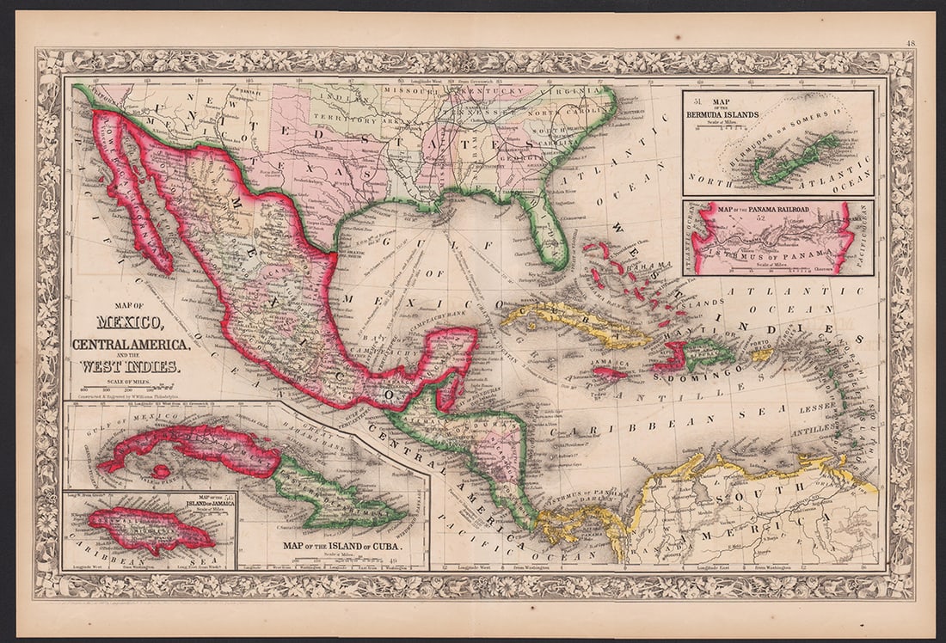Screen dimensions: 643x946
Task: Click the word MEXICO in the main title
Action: pos(130,324)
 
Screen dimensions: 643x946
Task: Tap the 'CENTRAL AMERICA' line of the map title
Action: pos(131,345)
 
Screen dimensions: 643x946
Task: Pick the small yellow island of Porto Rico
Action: pos(761,354)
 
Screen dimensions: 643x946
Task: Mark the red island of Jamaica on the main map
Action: pos(609,374)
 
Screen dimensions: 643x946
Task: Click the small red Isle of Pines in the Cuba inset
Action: pos(160,471)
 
